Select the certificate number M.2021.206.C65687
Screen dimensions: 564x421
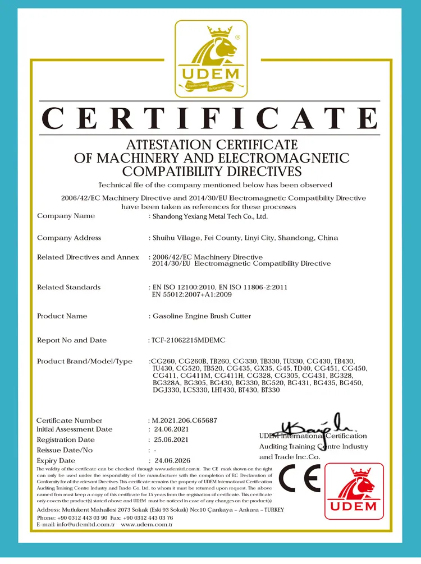click(184, 420)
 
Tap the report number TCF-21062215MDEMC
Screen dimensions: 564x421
click(189, 340)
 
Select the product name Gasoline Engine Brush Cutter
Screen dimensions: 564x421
click(202, 316)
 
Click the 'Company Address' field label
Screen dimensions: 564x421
click(69, 238)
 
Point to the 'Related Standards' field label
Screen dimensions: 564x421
click(68, 287)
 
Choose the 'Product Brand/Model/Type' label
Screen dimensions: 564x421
click(85, 361)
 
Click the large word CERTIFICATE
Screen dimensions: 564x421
click(210, 119)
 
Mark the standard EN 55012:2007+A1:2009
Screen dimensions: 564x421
click(191, 294)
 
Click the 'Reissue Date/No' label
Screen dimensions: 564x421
click(65, 450)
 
